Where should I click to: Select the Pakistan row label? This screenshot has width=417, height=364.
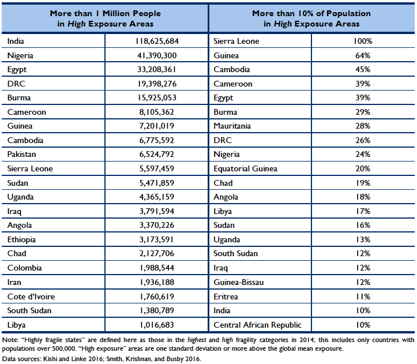pyautogui.click(x=21, y=155)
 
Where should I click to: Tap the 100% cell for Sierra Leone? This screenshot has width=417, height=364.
pyautogui.click(x=363, y=42)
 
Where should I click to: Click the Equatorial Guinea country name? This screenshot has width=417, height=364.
pyautogui.click(x=245, y=169)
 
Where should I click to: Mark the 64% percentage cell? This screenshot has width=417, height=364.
pyautogui.click(x=363, y=55)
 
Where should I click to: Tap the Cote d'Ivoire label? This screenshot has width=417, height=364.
pyautogui.click(x=29, y=297)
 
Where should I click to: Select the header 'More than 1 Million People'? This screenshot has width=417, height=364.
pyautogui.click(x=105, y=13)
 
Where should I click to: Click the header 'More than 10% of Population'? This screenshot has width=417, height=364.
pyautogui.click(x=311, y=13)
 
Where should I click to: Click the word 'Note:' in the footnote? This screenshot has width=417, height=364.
pyautogui.click(x=10, y=340)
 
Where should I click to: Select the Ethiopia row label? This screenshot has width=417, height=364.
pyautogui.click(x=21, y=239)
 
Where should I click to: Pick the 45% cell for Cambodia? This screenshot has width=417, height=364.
pyautogui.click(x=363, y=70)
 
